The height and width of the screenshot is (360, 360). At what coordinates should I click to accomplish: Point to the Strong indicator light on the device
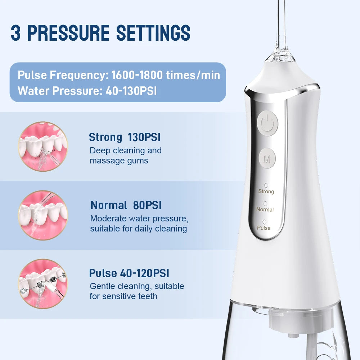click(x=266, y=185)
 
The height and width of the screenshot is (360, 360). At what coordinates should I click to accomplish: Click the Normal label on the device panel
click(x=265, y=210)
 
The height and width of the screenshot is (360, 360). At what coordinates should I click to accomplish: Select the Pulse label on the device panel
click(x=264, y=228)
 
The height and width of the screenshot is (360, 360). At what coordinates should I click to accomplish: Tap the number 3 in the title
click(x=15, y=33)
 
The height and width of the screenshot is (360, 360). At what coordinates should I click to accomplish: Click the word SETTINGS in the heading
click(x=153, y=33)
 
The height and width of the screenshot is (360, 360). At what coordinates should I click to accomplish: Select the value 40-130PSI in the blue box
click(x=131, y=90)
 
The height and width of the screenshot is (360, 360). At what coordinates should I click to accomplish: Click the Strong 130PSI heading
click(x=125, y=137)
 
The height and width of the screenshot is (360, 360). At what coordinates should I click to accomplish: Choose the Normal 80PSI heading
click(x=126, y=205)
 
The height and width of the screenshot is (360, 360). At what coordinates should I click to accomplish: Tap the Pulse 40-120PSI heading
click(x=129, y=273)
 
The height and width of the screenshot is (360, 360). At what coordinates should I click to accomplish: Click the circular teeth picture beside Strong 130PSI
click(x=43, y=146)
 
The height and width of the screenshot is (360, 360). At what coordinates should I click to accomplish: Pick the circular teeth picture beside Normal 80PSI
click(x=43, y=215)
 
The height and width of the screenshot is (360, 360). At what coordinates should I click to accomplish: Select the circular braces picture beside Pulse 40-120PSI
click(x=43, y=284)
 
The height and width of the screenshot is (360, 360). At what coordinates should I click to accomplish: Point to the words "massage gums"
click(x=119, y=161)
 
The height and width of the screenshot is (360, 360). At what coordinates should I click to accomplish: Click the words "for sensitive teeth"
click(x=123, y=296)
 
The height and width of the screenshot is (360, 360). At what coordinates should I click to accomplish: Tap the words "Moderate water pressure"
click(x=139, y=219)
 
